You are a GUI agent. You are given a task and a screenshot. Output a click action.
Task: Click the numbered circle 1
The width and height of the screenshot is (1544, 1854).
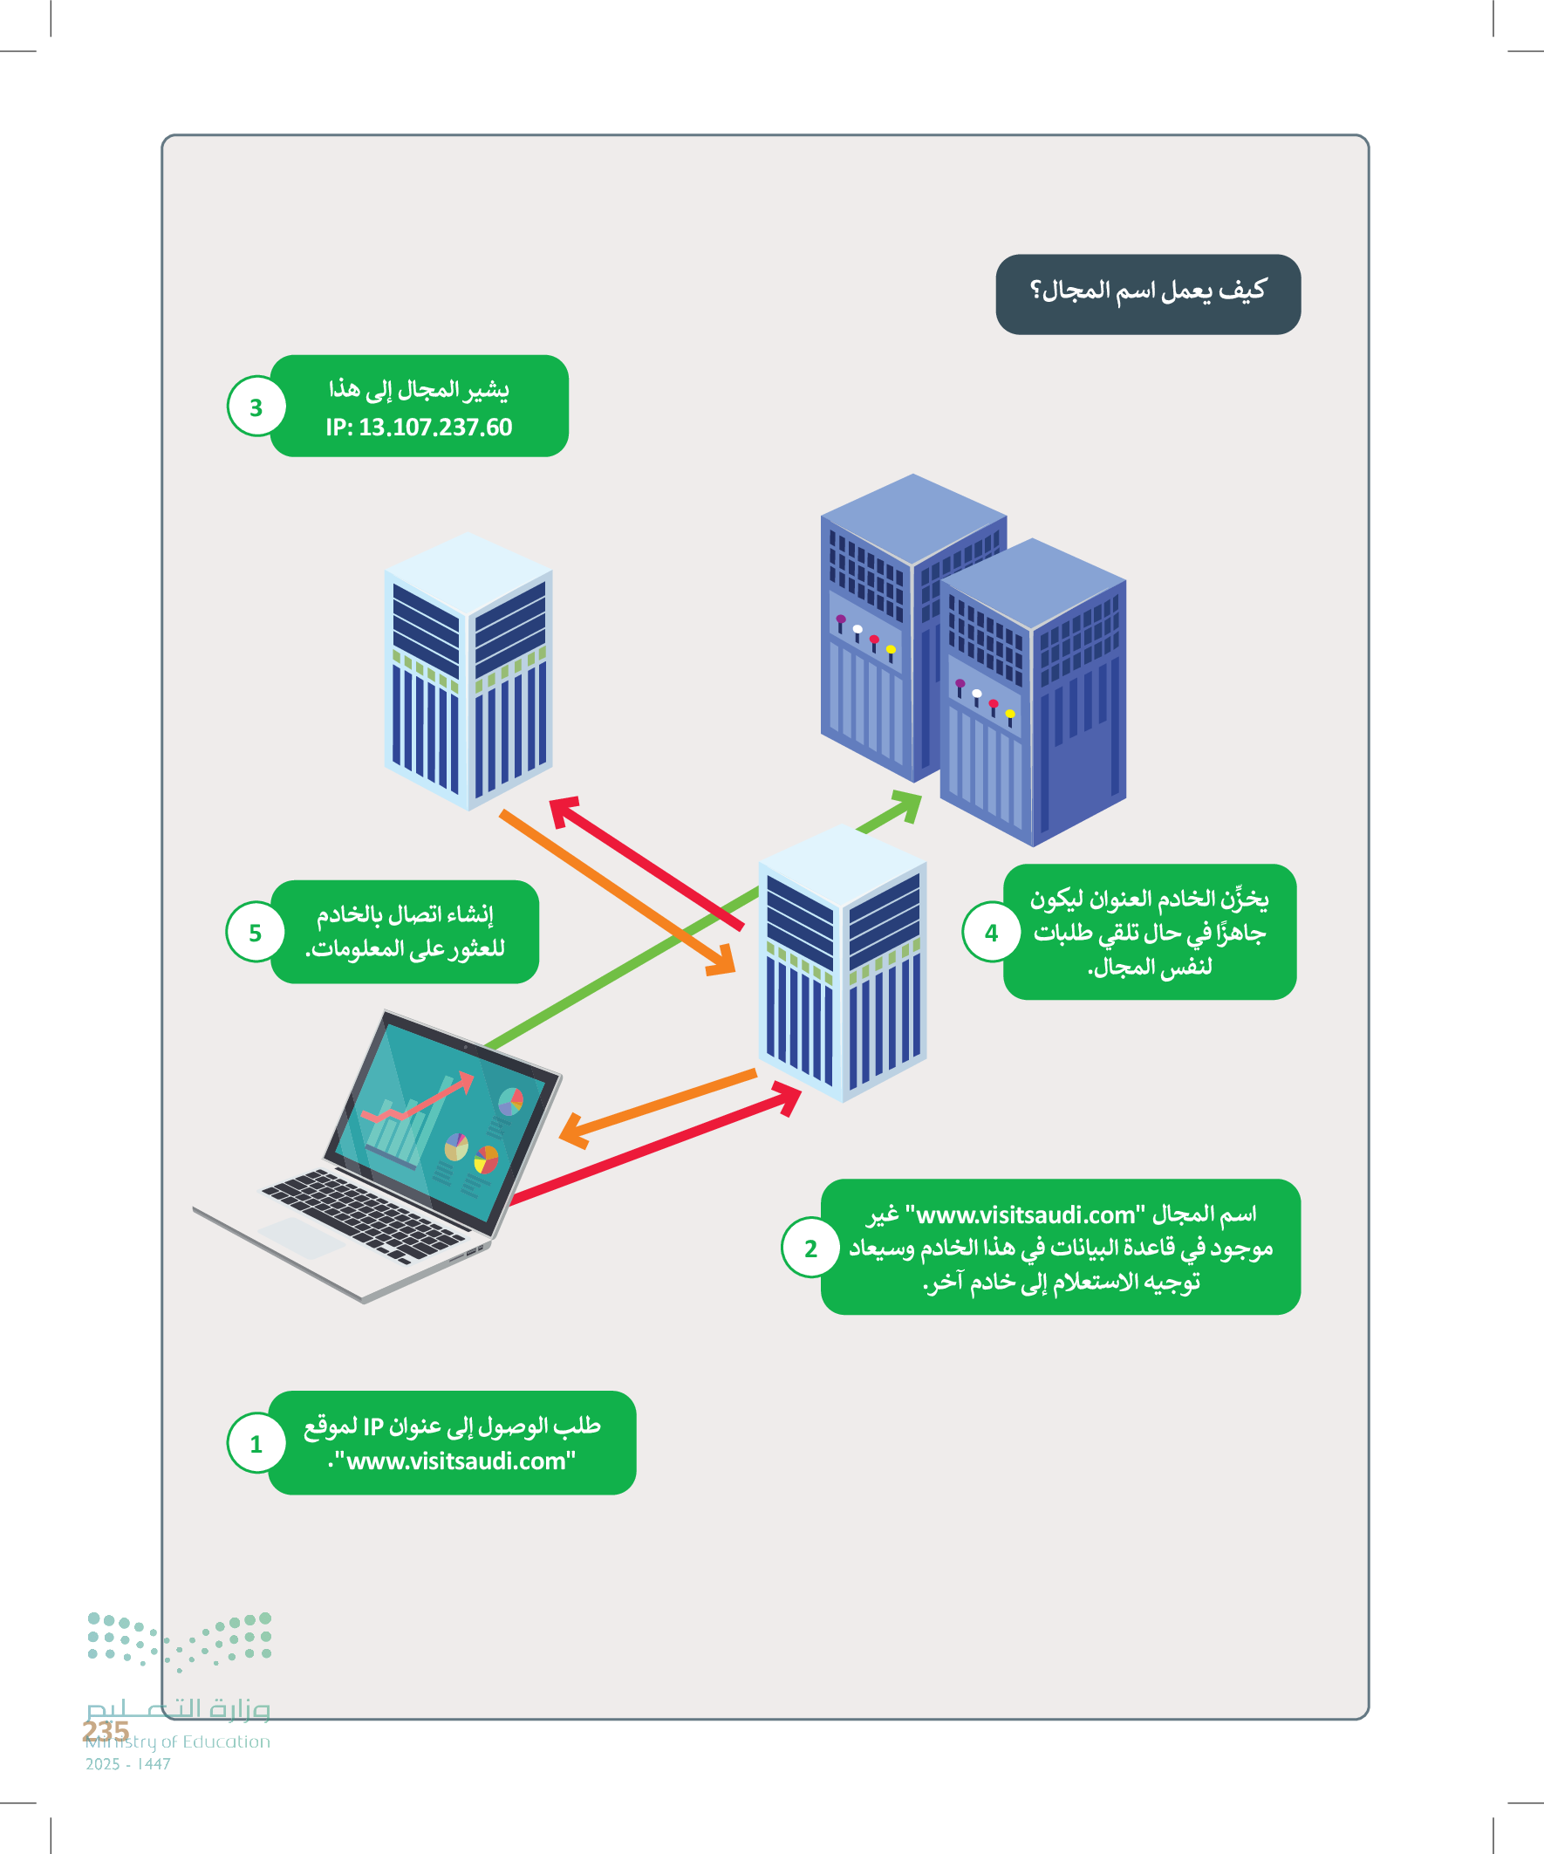click(x=256, y=1444)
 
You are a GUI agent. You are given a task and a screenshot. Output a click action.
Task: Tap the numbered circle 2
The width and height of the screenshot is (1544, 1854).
click(x=810, y=1249)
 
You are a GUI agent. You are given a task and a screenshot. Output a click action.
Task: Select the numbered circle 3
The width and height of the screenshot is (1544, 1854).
click(x=256, y=407)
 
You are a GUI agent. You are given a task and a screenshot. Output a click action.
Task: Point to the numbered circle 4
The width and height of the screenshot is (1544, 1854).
click(x=991, y=933)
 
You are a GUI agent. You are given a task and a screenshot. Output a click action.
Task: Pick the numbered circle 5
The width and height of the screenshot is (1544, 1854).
click(x=255, y=933)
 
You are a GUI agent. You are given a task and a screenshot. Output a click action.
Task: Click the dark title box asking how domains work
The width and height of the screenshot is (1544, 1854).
click(x=1148, y=294)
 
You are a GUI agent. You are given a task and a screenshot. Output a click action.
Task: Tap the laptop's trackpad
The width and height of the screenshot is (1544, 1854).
click(x=301, y=1237)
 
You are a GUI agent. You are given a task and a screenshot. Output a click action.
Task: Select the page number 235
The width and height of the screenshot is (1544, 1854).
click(x=106, y=1731)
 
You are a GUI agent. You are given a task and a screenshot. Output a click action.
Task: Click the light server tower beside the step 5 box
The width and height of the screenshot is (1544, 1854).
click(x=842, y=962)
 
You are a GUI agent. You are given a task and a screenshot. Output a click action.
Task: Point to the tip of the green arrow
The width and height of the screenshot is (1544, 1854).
click(x=918, y=797)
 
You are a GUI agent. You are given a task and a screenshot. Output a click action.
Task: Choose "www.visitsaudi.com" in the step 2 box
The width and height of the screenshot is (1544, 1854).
click(x=1025, y=1215)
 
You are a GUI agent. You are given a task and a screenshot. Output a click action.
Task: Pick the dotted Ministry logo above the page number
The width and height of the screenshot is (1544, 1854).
click(x=179, y=1641)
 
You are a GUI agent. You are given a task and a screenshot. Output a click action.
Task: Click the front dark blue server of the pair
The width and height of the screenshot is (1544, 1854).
click(x=1033, y=693)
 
